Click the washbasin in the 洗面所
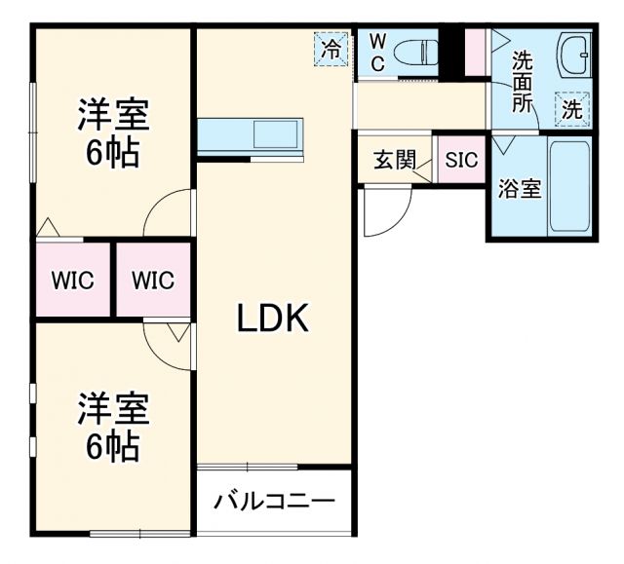(x=572, y=57)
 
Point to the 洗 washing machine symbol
(x=572, y=109)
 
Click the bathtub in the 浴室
(x=570, y=188)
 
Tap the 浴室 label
(x=519, y=188)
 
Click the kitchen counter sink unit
(x=251, y=133)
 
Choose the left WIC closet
(x=73, y=281)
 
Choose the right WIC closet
(x=153, y=281)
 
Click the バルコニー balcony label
(x=274, y=503)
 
